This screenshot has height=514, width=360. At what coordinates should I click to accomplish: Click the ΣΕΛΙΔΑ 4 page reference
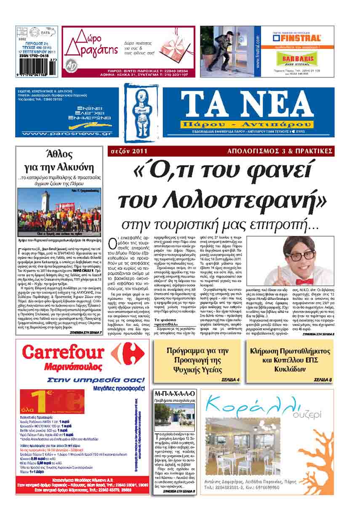tap(230, 380)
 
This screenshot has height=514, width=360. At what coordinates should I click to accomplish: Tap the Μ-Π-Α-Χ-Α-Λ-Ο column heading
tap(174, 394)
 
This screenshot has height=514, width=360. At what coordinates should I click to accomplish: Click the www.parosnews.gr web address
tap(66, 133)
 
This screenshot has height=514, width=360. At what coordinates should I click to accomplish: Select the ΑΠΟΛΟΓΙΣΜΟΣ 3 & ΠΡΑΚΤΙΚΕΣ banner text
tap(280, 150)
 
